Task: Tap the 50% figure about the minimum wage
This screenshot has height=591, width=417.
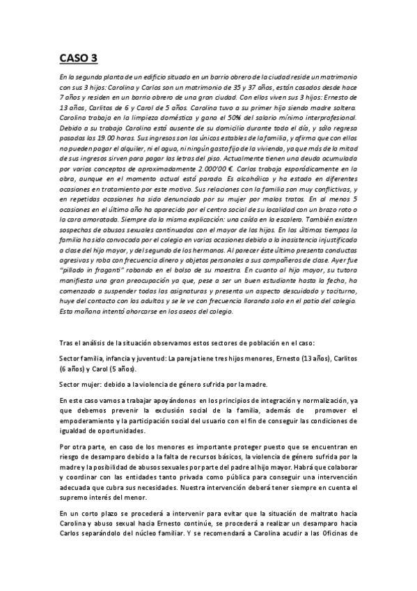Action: pos(212,121)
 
